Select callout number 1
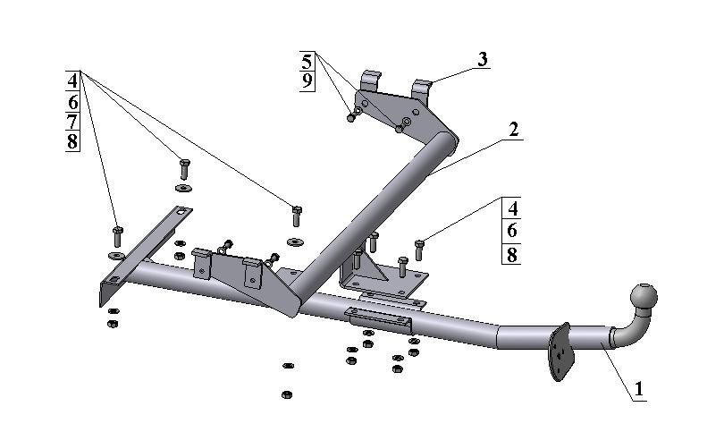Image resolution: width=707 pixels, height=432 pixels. [x=638, y=390]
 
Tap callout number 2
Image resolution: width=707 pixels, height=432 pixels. [x=513, y=130]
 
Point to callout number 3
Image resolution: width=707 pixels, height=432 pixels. [x=482, y=61]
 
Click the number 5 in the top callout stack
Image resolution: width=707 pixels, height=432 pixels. [x=307, y=62]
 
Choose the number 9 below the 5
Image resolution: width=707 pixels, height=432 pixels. [x=307, y=82]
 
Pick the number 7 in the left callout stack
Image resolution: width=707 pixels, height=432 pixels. [x=72, y=122]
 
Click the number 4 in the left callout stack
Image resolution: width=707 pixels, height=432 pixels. [x=72, y=80]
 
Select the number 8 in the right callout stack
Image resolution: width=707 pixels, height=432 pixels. [x=511, y=254]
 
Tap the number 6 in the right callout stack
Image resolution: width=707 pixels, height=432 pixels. [x=511, y=231]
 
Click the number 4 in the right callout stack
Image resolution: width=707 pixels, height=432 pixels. [x=511, y=208]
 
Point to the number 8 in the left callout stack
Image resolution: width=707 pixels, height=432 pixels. [x=72, y=142]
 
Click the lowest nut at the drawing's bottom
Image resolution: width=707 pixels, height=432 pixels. [x=286, y=394]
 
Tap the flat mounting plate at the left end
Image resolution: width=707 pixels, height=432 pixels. [x=143, y=250]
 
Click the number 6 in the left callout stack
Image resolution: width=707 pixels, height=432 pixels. [x=72, y=101]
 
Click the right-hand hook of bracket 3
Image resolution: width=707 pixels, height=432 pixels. [x=423, y=89]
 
